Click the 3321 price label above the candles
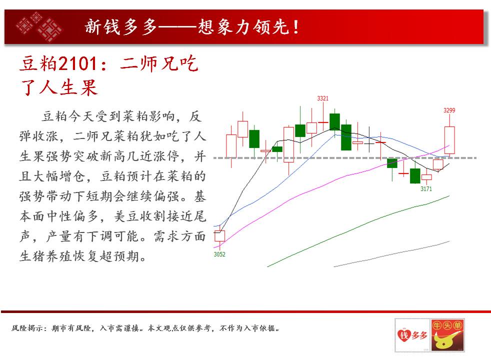point(322,98)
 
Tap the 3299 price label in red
point(449,110)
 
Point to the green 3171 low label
point(426,189)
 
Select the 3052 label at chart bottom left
point(219,254)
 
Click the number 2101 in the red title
point(77,63)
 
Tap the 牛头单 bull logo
point(447,335)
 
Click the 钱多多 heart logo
point(412,335)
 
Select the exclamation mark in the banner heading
point(296,27)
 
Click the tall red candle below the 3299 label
point(449,140)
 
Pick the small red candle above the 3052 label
point(219,236)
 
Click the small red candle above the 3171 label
point(426,177)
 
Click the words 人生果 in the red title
point(68,87)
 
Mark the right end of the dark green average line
point(449,195)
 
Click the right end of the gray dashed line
point(476,158)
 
